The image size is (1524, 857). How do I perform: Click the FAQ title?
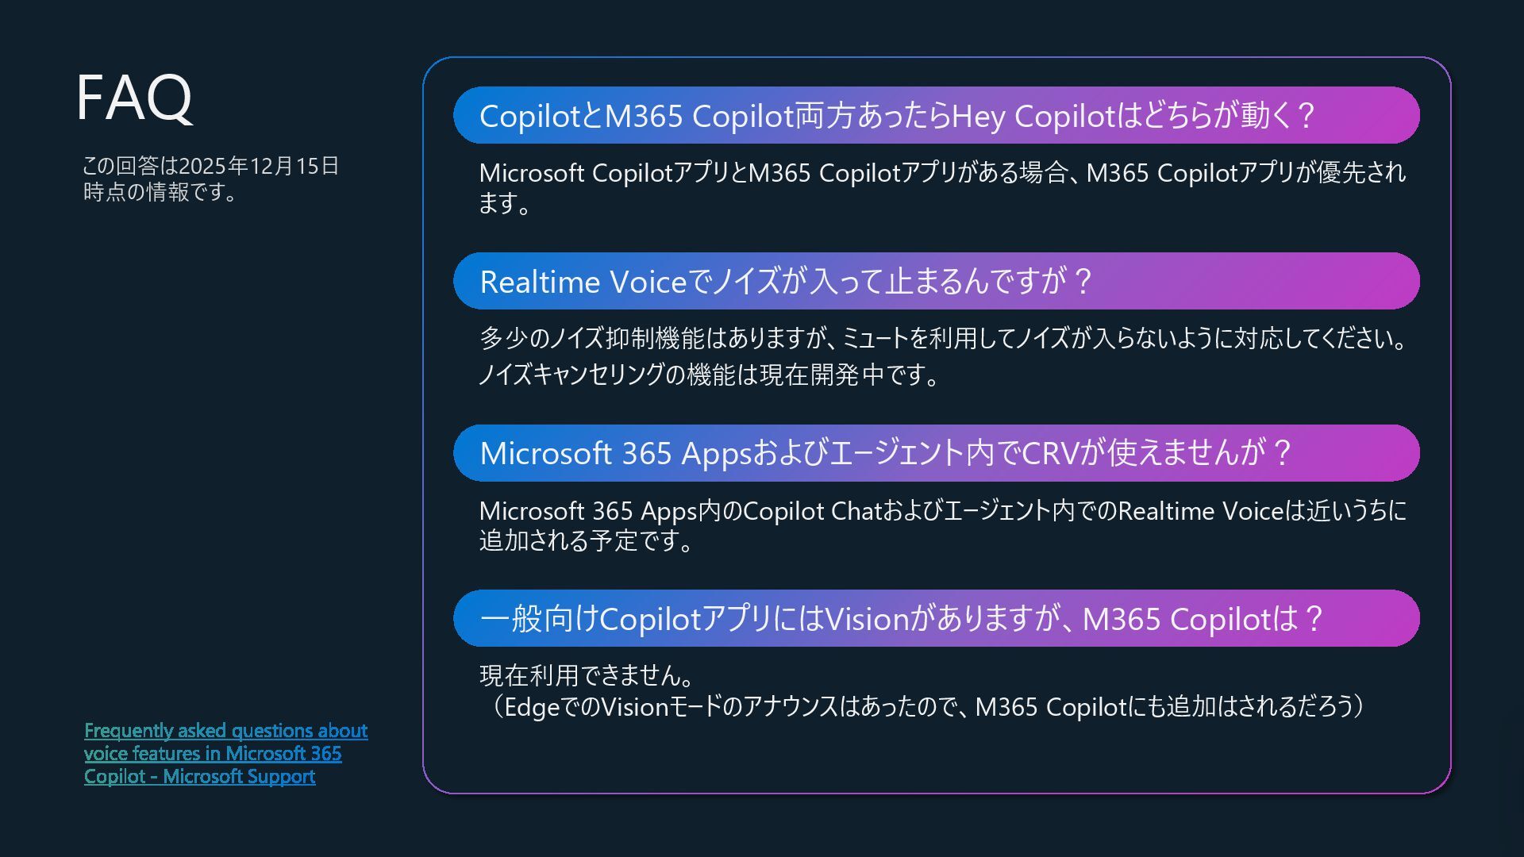point(134,98)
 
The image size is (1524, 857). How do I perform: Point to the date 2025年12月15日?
point(259,166)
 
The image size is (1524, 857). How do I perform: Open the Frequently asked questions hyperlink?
point(225,731)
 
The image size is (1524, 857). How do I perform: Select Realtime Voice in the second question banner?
point(583,282)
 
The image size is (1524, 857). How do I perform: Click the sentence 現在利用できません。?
point(587,675)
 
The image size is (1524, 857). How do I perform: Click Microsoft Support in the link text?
point(239,777)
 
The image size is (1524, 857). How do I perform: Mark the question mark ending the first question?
point(1307,116)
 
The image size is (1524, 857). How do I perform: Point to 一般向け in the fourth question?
point(539,619)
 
